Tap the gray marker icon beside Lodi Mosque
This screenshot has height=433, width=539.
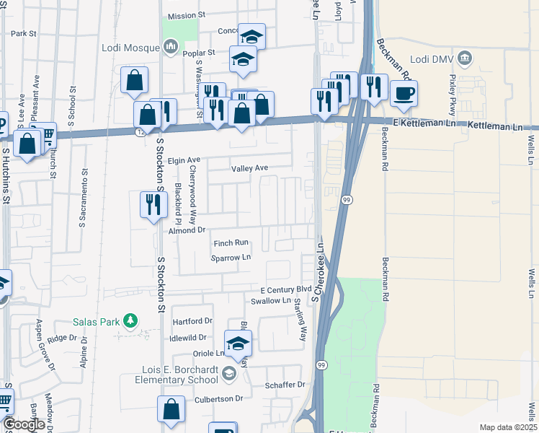tap(171, 48)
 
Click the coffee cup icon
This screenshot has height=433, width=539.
tap(404, 92)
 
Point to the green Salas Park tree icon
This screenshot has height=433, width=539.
tap(130, 320)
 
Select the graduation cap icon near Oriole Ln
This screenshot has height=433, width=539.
tap(237, 344)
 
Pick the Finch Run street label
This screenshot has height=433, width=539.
tap(231, 243)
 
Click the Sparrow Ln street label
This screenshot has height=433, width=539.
tap(231, 257)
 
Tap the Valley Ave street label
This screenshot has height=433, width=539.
tap(249, 168)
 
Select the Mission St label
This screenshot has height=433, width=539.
tap(187, 15)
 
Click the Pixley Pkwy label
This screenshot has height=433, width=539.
tap(453, 90)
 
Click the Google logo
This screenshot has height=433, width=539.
tap(24, 424)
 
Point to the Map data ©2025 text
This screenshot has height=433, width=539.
tap(508, 427)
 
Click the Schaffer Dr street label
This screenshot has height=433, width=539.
tap(285, 385)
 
